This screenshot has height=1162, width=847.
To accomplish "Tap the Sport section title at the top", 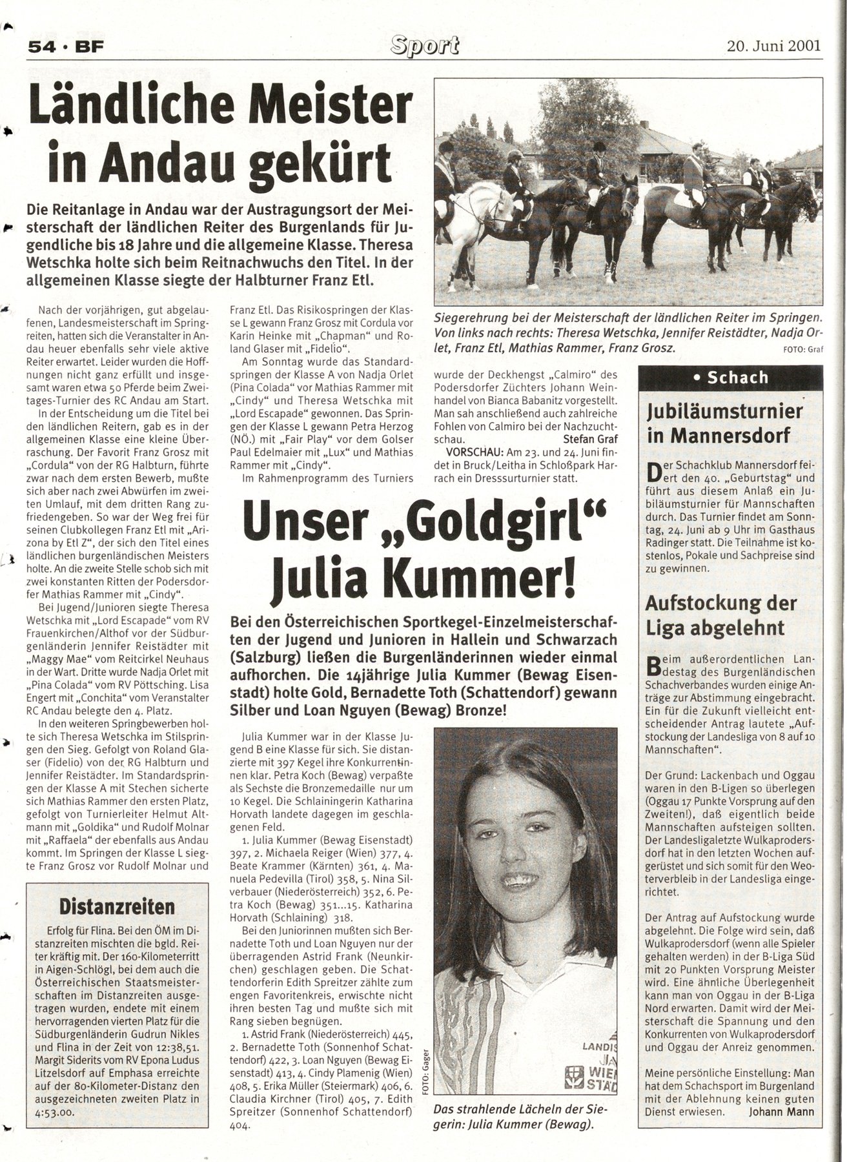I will pos(424,45).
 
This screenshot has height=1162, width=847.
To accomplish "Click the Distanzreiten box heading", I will pos(117,906).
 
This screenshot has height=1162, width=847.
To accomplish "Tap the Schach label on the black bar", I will pos(738,378).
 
